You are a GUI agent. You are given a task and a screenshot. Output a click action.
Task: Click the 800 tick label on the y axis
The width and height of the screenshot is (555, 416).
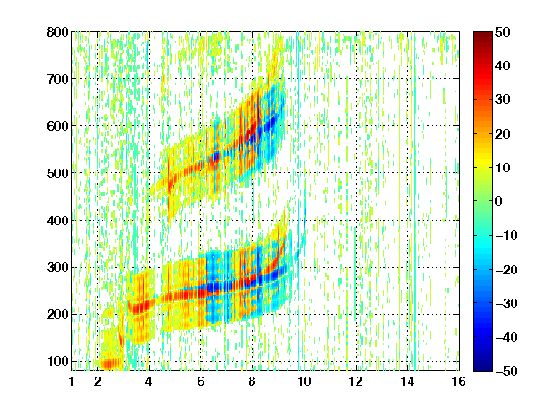[x=58, y=32]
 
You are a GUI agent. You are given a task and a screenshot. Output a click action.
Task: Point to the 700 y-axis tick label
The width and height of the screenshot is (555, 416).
[x=58, y=79]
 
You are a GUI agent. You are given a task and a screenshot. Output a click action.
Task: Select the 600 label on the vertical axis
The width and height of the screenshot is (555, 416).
[x=58, y=126]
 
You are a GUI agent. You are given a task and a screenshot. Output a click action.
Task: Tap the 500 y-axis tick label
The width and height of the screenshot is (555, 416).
[x=58, y=173]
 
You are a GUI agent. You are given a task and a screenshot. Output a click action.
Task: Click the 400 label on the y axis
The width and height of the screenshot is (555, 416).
[x=58, y=221]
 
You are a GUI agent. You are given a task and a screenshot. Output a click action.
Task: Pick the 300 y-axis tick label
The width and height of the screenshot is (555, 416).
[x=58, y=267]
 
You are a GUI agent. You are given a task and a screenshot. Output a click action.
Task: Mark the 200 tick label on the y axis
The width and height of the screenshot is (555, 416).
[x=58, y=314]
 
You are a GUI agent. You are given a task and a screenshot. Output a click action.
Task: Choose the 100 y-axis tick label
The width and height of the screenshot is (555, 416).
[x=58, y=361]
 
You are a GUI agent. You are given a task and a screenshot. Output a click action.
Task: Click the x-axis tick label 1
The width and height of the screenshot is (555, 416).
[x=72, y=381]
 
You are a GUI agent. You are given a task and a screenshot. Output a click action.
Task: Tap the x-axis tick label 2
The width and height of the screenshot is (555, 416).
[x=98, y=381]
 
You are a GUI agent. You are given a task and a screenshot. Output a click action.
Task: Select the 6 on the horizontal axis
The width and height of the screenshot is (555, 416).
[x=201, y=381]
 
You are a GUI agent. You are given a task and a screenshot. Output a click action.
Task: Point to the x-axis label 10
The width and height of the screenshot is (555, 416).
[x=304, y=381]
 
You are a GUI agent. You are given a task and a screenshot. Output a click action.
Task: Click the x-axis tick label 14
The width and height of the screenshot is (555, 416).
[x=408, y=381]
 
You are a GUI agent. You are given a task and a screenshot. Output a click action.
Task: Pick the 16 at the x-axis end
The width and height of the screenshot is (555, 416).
[x=459, y=381]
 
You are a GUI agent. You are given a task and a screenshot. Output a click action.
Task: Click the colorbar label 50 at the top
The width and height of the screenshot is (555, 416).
[x=502, y=32]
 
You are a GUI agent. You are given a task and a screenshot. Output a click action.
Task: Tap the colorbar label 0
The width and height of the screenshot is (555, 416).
[x=499, y=201]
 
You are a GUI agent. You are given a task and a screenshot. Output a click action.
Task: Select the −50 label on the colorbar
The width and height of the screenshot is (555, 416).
[x=507, y=371]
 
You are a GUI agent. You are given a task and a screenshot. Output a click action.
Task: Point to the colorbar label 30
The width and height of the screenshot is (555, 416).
[x=502, y=100]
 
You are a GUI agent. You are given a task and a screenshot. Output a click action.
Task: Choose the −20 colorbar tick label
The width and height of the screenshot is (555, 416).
[x=507, y=270]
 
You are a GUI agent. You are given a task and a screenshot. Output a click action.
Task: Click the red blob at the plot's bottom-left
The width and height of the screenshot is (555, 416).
[x=111, y=363]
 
